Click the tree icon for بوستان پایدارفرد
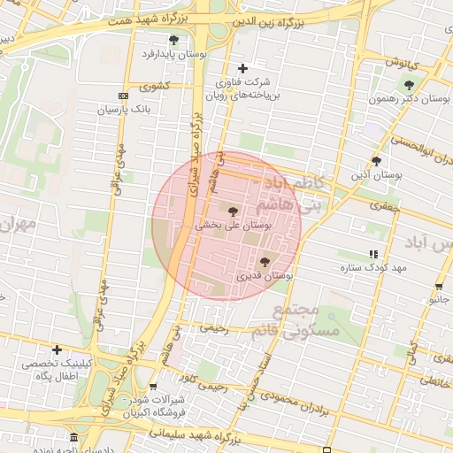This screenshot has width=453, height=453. tap(173, 40)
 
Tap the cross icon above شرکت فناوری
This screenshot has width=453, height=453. tap(244, 68)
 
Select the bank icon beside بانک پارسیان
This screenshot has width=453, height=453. tap(123, 96)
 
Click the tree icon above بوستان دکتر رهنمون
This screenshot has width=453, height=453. tap(408, 85)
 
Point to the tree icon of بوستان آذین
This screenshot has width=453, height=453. tap(376, 161)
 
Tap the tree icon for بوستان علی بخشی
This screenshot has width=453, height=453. tap(233, 211)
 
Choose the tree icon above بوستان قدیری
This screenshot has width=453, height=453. tap(265, 261)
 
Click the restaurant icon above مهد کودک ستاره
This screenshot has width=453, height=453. tap(371, 254)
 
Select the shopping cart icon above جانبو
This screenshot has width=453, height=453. tap(440, 287)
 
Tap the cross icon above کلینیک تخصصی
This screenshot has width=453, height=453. tap(58, 349)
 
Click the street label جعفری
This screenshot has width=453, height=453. tap(385, 205)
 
